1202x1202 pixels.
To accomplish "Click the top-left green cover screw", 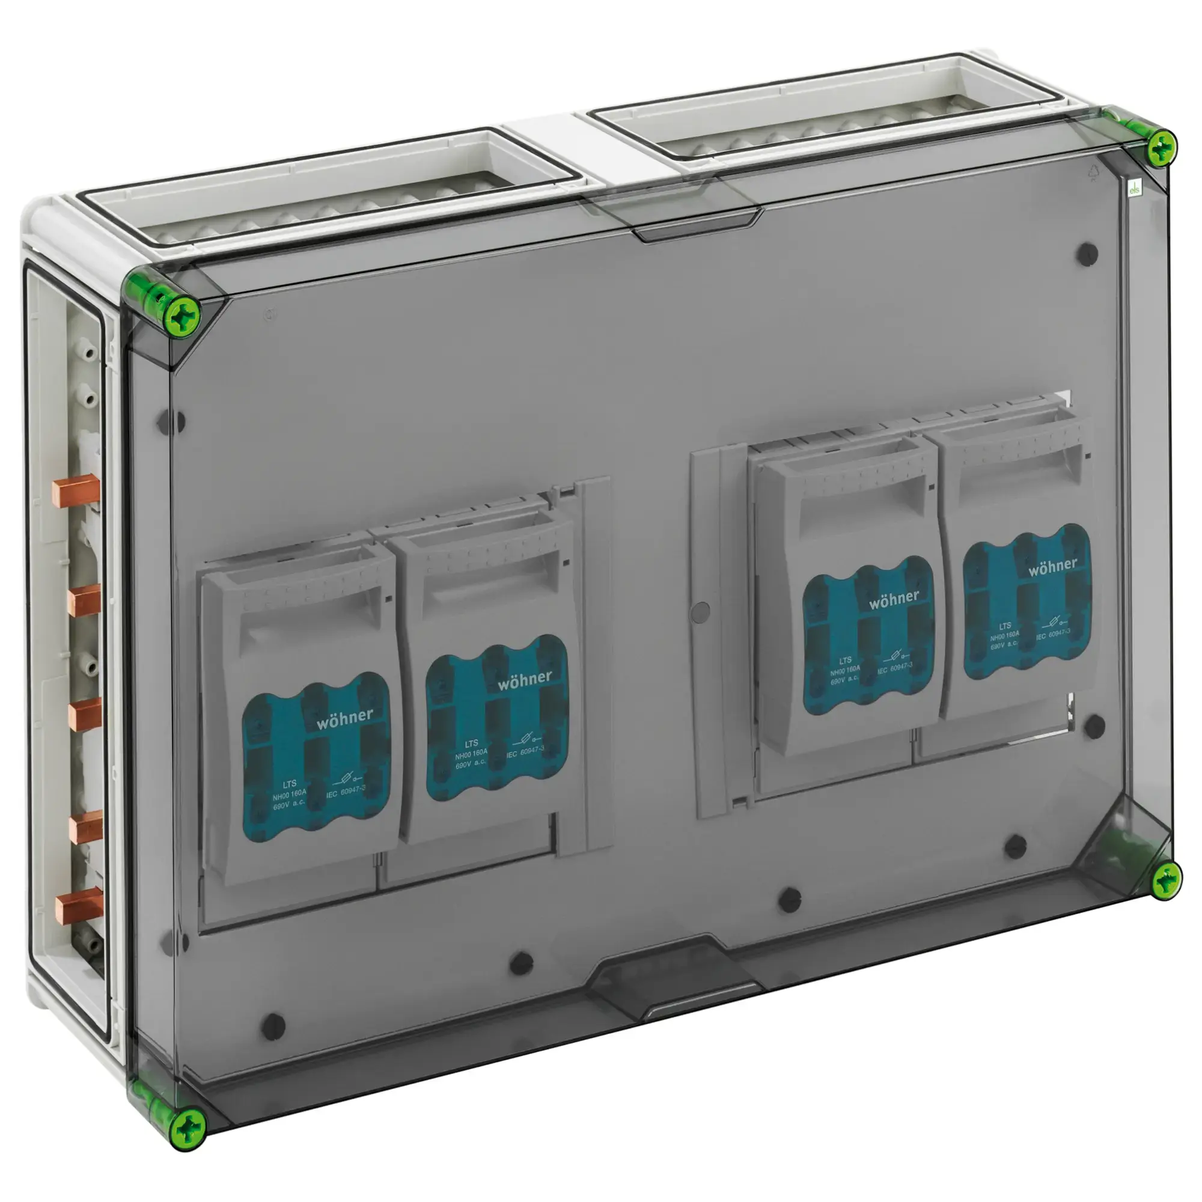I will [180, 316].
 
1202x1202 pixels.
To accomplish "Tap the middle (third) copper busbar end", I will [85, 714].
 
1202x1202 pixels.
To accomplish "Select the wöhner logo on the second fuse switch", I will [525, 679].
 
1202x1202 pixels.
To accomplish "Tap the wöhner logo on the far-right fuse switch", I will [1052, 566].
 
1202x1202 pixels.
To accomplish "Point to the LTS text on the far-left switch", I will [288, 784].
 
